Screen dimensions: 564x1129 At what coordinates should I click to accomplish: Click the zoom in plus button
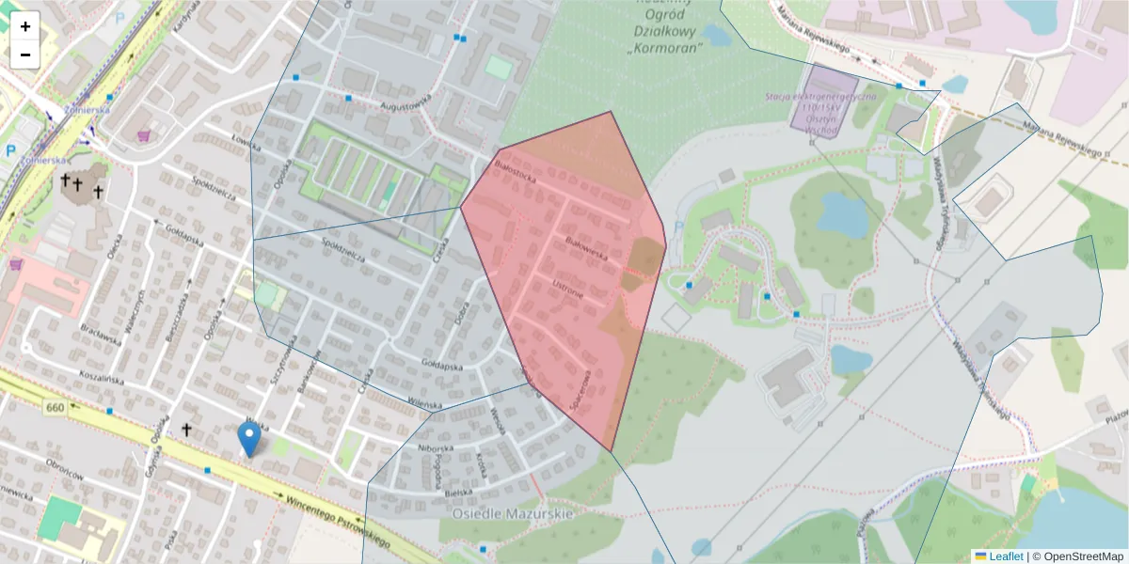tap(25, 26)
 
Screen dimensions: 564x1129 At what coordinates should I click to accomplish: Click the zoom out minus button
tap(25, 55)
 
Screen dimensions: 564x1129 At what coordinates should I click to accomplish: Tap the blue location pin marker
tap(248, 439)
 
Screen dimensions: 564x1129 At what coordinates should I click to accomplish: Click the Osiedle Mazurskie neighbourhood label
tap(513, 514)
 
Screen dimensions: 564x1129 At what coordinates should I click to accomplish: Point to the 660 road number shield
tap(55, 407)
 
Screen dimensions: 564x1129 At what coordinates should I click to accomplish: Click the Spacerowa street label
tap(580, 389)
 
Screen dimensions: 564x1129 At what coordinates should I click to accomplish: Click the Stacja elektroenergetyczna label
tap(820, 102)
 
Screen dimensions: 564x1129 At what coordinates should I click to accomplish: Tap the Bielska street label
tap(459, 492)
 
